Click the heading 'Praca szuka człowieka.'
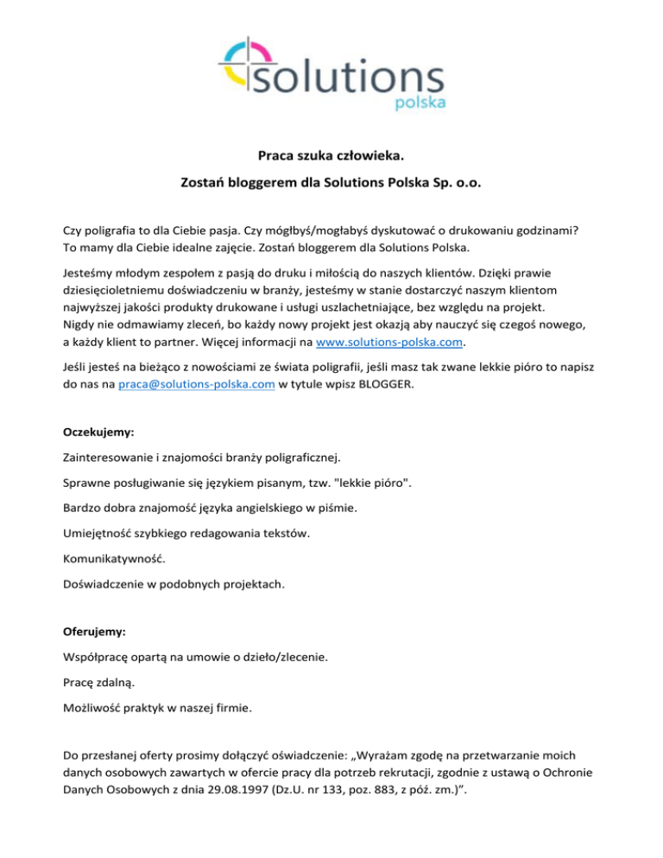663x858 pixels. [331, 157]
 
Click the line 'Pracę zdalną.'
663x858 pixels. [99, 682]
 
